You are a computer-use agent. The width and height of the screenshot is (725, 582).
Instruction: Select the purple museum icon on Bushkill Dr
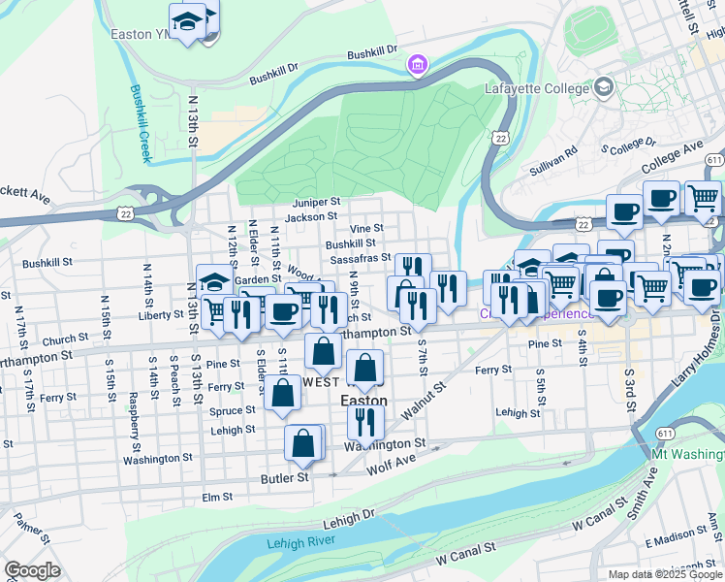[x=417, y=65]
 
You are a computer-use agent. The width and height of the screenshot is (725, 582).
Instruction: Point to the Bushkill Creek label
[x=142, y=122]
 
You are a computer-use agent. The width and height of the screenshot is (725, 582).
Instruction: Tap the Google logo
[x=32, y=570]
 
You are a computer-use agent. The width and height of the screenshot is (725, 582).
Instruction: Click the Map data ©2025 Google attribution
[x=666, y=574]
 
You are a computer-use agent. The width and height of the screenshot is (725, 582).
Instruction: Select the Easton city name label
[x=363, y=400]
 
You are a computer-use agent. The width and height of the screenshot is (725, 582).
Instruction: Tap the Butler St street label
[x=284, y=477]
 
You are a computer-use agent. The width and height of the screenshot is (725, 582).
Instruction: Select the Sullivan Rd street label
[x=553, y=160]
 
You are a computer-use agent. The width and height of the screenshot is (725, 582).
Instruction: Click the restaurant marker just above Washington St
[x=365, y=421]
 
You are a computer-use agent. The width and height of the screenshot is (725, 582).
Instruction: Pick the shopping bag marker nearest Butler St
[x=303, y=442]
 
